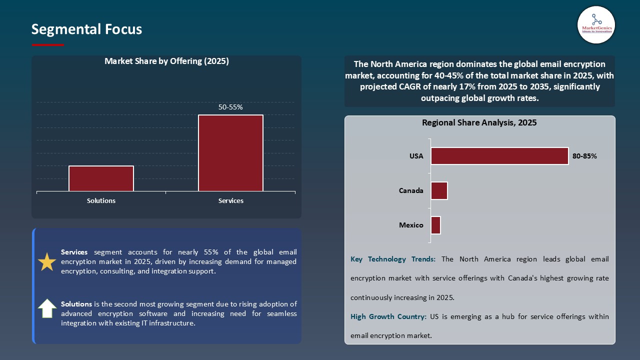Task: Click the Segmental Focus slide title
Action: pyautogui.click(x=86, y=29)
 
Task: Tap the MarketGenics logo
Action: pyautogui.click(x=596, y=25)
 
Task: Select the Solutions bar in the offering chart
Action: pyautogui.click(x=101, y=178)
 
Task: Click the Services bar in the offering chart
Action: pyautogui.click(x=230, y=153)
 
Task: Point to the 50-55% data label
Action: pyautogui.click(x=230, y=107)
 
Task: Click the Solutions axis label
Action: pyautogui.click(x=101, y=200)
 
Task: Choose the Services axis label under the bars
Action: pyautogui.click(x=230, y=200)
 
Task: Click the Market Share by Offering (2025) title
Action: pyautogui.click(x=166, y=61)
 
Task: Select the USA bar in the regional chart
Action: pyautogui.click(x=499, y=156)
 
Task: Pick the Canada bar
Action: pyautogui.click(x=439, y=190)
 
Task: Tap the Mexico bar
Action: pyautogui.click(x=435, y=225)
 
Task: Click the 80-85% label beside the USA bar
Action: pyautogui.click(x=584, y=156)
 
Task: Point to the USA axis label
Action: pyautogui.click(x=416, y=156)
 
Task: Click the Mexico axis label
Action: pyautogui.click(x=411, y=225)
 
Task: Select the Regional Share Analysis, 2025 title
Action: pyautogui.click(x=479, y=122)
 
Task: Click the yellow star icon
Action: pyautogui.click(x=47, y=262)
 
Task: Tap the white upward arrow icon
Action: pyautogui.click(x=47, y=308)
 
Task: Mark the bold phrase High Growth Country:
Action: pyautogui.click(x=388, y=316)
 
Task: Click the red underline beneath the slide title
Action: pyautogui.click(x=48, y=45)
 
